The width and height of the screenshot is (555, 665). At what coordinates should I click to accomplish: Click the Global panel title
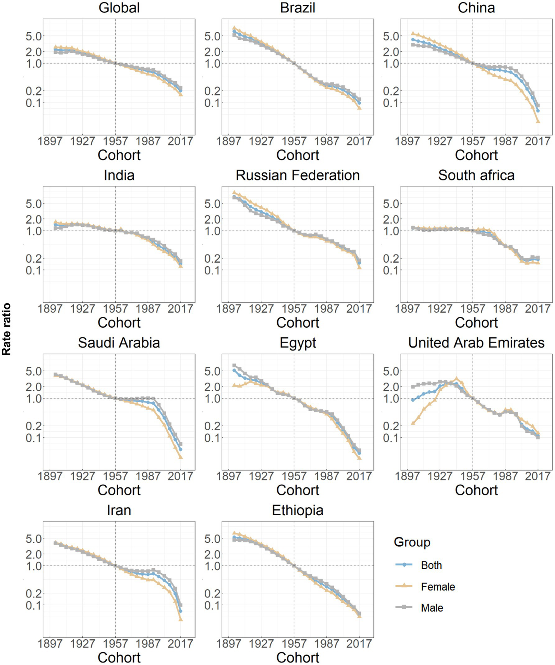pyautogui.click(x=119, y=8)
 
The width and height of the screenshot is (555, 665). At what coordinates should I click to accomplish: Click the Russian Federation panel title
pyautogui.click(x=298, y=175)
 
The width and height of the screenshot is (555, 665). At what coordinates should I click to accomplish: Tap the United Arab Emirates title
pyautogui.click(x=476, y=343)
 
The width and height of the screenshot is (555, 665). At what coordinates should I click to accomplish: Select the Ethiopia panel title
pyautogui.click(x=298, y=510)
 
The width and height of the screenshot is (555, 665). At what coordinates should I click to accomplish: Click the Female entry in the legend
pyautogui.click(x=437, y=587)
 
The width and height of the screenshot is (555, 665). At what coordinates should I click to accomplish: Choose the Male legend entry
pyautogui.click(x=432, y=608)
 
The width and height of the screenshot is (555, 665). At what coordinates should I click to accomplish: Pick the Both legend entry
pyautogui.click(x=431, y=565)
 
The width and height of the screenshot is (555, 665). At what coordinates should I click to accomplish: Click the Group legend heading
pyautogui.click(x=412, y=542)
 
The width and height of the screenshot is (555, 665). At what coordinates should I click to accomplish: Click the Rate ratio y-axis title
pyautogui.click(x=7, y=329)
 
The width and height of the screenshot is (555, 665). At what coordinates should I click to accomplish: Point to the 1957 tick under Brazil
pyautogui.click(x=294, y=141)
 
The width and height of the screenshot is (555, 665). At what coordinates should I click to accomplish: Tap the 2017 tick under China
pyautogui.click(x=538, y=141)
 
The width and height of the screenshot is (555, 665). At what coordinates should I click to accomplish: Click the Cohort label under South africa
pyautogui.click(x=476, y=323)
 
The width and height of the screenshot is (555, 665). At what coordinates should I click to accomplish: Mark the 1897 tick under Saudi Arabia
pyautogui.click(x=50, y=476)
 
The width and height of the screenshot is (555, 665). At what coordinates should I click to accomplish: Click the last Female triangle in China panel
pyautogui.click(x=538, y=121)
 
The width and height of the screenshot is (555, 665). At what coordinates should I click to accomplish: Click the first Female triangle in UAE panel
pyautogui.click(x=413, y=423)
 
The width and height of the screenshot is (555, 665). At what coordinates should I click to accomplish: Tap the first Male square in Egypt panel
pyautogui.click(x=234, y=366)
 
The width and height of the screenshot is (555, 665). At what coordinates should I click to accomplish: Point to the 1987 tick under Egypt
pyautogui.click(x=326, y=476)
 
